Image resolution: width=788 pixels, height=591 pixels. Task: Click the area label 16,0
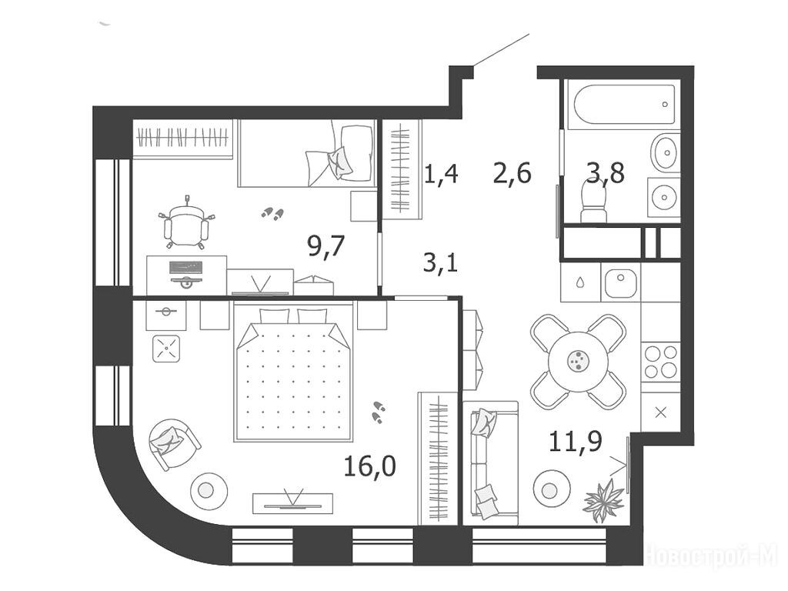click(369, 466)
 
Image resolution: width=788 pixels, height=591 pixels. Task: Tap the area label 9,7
click(326, 246)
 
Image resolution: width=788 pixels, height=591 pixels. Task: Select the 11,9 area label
click(576, 442)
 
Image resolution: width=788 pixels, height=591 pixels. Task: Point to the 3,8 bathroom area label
click(606, 173)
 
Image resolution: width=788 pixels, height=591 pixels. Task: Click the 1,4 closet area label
click(441, 174)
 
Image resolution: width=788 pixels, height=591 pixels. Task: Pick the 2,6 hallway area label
click(512, 173)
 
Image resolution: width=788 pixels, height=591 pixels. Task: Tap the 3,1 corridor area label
click(441, 262)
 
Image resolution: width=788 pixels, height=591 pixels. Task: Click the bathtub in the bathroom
click(620, 104)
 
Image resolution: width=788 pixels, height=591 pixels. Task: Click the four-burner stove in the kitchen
click(660, 362)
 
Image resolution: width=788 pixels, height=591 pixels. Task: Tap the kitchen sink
click(621, 283)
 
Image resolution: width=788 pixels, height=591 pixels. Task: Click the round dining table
click(578, 361)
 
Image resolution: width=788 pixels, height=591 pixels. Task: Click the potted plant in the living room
click(603, 499)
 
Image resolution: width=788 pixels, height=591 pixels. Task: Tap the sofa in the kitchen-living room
click(493, 457)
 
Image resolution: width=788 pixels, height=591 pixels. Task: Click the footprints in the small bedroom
click(272, 214)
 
